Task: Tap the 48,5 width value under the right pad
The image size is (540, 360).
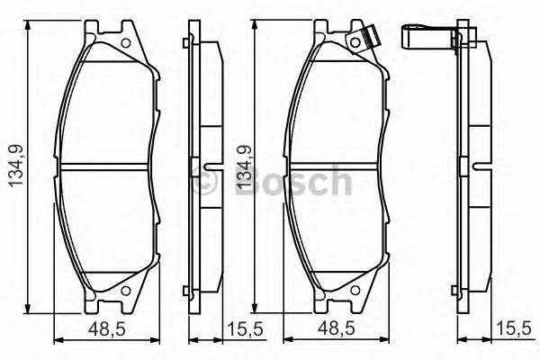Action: tap(335, 329)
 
